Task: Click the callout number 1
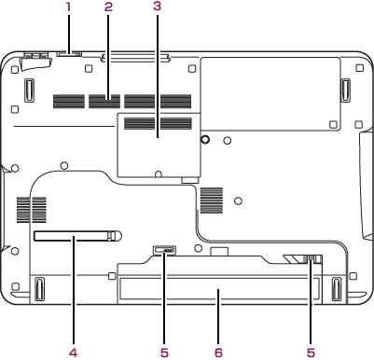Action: tap(68, 7)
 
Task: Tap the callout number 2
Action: tap(108, 7)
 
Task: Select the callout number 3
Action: tap(158, 7)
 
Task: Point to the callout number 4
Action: tap(74, 353)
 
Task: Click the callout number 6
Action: tap(218, 353)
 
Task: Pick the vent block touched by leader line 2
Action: tap(104, 102)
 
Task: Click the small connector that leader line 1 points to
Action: tap(69, 54)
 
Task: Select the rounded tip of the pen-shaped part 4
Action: tap(115, 235)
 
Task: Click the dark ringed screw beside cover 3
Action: tap(204, 139)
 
